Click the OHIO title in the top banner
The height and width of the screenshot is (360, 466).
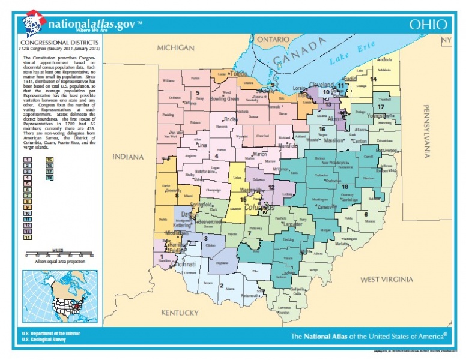(x=428, y=25)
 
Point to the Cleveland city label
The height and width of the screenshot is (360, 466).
(x=321, y=85)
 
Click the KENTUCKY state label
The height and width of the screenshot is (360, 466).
(x=180, y=313)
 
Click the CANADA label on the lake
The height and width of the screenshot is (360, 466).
(x=299, y=55)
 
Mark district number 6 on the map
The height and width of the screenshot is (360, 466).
(x=366, y=214)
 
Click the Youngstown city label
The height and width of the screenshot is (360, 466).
(x=380, y=116)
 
